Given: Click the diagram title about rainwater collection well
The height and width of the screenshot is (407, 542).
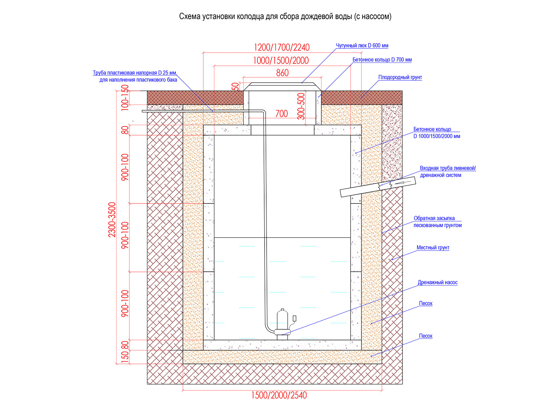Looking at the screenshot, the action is [285, 17].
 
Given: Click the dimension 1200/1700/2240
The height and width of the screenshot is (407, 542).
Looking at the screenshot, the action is [282, 47].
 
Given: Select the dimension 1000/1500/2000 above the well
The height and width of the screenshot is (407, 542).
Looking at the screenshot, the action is [281, 61].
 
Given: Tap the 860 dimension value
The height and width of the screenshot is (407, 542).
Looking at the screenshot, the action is [282, 73].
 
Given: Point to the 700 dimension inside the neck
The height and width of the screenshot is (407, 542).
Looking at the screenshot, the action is [282, 114].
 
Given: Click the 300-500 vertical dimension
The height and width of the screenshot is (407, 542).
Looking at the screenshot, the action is [301, 106].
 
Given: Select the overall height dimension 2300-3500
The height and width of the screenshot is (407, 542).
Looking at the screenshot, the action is [112, 220].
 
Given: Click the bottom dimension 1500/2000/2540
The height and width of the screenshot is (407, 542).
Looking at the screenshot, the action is [279, 395].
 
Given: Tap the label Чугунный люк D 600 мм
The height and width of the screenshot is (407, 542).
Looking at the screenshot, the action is [362, 45].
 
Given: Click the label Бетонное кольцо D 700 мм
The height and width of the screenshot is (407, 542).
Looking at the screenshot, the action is [382, 60].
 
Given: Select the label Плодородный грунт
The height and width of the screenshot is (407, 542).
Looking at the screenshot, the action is [400, 77].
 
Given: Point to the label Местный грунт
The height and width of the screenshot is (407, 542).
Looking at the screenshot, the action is [433, 248].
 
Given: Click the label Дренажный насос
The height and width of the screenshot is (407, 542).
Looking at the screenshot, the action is [438, 283].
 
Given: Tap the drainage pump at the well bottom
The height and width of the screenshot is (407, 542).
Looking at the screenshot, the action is [282, 325].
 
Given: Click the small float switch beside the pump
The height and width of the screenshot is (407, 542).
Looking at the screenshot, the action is [294, 318].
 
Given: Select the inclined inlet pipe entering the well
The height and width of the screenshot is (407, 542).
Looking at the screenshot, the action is [378, 187].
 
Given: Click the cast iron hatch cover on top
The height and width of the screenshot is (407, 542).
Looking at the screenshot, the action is [282, 86].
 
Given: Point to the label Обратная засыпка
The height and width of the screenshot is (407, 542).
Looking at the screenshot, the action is [434, 218].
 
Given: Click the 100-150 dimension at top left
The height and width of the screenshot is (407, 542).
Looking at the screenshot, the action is [125, 98].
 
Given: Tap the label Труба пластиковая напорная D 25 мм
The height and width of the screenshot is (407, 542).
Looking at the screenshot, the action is [135, 73].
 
